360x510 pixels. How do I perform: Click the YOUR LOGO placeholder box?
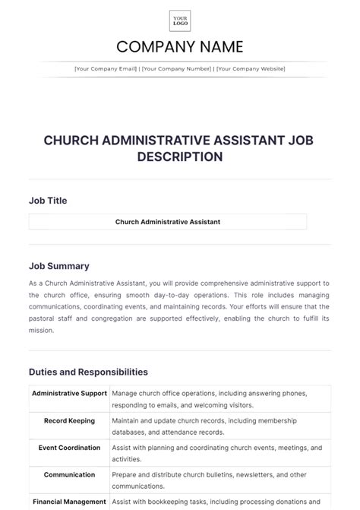click(x=180, y=21)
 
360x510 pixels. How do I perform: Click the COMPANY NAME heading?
click(x=180, y=47)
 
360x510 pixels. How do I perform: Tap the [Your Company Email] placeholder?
click(x=106, y=69)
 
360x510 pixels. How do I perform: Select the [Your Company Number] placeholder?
click(x=177, y=69)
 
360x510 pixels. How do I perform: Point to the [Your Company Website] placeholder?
click(x=251, y=69)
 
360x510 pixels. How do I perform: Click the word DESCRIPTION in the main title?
click(x=180, y=157)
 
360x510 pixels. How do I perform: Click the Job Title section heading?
click(x=48, y=201)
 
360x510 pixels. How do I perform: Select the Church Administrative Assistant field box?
click(x=168, y=222)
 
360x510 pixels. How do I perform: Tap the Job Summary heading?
click(x=59, y=266)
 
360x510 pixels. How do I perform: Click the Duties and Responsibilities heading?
click(x=88, y=372)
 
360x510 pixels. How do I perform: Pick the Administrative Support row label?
click(x=70, y=394)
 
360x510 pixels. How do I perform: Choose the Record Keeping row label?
click(x=70, y=420)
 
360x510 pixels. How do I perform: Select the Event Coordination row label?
click(x=70, y=448)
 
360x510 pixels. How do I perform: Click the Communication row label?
click(x=70, y=474)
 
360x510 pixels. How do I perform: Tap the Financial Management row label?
click(x=70, y=502)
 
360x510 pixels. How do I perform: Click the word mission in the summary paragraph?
click(x=43, y=331)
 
